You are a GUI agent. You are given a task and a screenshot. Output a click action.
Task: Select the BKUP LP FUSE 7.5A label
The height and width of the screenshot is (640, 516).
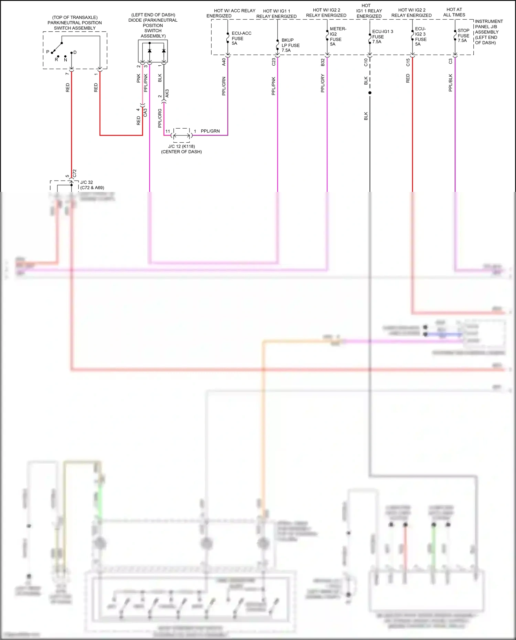pos(290,45)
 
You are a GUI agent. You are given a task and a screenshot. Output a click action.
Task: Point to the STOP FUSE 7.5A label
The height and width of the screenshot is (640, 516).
pos(463,35)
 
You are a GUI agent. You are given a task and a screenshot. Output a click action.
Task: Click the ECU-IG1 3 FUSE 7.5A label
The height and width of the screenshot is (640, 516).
pos(382,36)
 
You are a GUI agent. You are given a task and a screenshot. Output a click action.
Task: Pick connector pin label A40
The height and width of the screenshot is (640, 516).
pos(224,62)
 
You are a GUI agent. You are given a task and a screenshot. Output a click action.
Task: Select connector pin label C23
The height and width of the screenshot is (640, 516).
pos(273,62)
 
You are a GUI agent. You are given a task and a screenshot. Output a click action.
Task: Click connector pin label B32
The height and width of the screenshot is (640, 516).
pos(323,62)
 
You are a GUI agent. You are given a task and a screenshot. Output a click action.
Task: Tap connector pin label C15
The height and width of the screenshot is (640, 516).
pos(408,62)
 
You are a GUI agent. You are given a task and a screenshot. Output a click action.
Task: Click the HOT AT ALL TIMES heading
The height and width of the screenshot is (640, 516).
pos(454,12)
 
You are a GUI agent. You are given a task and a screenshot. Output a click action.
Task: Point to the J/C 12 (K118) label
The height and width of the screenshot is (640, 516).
pos(181,146)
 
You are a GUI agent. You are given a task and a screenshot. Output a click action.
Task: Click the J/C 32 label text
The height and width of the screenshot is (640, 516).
pos(87,182)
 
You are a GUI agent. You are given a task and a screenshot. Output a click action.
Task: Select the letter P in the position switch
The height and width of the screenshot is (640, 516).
pos(48,52)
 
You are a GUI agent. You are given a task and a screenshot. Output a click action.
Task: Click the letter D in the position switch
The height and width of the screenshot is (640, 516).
pos(75,52)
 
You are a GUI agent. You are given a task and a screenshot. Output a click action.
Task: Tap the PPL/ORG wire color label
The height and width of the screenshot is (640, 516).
pos(160,118)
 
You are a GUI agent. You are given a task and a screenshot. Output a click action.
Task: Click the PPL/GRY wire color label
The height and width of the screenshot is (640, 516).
pos(323,83)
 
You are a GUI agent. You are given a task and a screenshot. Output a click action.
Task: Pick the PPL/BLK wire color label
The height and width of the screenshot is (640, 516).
pos(450,83)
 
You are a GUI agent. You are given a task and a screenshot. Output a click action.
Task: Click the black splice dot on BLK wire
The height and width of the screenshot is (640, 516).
pos(370,93)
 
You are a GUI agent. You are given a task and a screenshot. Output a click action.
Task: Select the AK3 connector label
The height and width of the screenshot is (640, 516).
pos(167,93)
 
